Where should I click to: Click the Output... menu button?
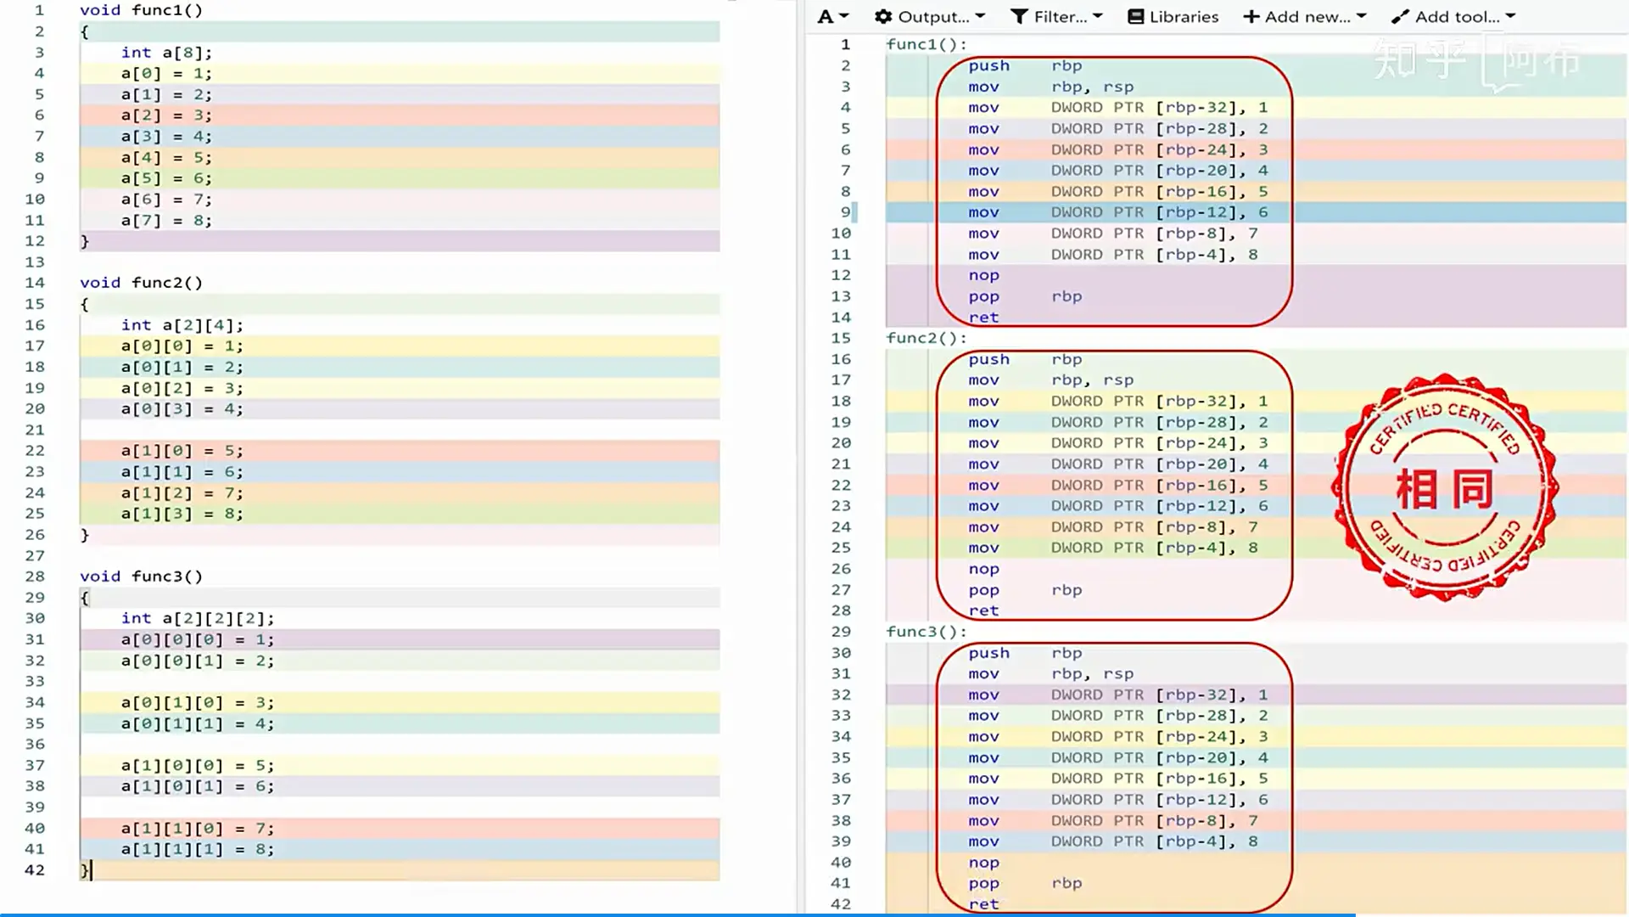click(930, 17)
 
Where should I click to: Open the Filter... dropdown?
click(1056, 17)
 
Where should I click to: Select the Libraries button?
click(1173, 17)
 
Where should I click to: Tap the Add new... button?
click(1305, 17)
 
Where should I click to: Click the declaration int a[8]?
click(166, 53)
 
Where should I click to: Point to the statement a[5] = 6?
click(166, 178)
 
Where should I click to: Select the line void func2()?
click(141, 283)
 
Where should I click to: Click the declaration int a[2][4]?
click(182, 325)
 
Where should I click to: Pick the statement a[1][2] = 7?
click(182, 493)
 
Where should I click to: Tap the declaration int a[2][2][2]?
click(198, 619)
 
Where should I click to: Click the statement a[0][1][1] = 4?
click(198, 724)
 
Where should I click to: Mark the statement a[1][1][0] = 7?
click(198, 829)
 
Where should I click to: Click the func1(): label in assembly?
click(926, 44)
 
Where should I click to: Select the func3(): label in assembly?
click(926, 632)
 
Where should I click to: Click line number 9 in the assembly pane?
click(845, 212)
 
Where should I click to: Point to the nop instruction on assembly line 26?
click(984, 569)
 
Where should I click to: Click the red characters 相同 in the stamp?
click(1445, 489)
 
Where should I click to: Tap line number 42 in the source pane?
click(35, 870)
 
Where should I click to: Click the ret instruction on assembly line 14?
click(984, 318)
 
